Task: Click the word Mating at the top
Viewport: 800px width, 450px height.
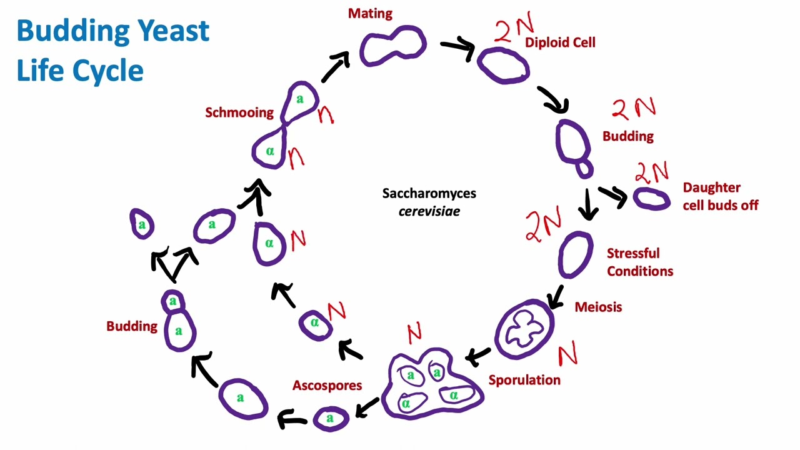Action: [x=370, y=13]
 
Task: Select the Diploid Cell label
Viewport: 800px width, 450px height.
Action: [x=560, y=42]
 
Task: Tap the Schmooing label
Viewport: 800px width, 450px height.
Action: [x=239, y=112]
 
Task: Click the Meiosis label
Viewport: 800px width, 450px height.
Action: [x=598, y=307]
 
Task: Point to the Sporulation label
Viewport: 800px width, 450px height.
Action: [x=524, y=380]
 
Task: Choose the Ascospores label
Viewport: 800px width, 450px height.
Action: [x=327, y=386]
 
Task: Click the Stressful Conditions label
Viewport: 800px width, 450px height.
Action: [x=639, y=262]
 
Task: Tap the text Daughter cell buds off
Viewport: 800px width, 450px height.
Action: [x=720, y=196]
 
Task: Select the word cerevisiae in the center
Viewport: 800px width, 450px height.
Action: [x=429, y=211]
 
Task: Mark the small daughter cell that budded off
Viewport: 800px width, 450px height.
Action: [x=651, y=199]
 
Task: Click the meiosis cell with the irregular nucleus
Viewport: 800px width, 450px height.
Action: [x=524, y=330]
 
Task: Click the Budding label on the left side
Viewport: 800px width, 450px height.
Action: [x=131, y=326]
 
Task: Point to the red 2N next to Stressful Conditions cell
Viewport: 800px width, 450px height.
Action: [x=543, y=226]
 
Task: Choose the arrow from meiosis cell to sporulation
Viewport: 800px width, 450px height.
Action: [x=479, y=357]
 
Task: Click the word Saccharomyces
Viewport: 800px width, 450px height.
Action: [x=429, y=193]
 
